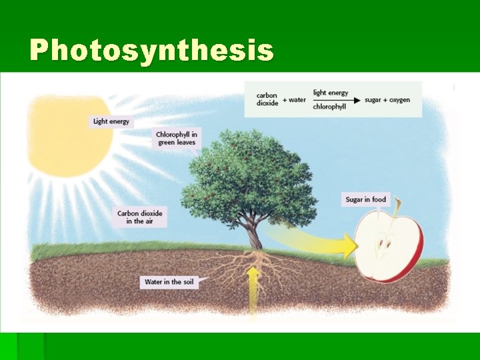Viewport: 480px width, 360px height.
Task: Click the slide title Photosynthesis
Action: (151, 50)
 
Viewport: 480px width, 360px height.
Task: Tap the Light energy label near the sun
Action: (111, 121)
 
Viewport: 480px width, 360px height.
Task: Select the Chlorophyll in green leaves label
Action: (177, 138)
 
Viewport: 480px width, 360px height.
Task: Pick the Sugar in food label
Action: (365, 199)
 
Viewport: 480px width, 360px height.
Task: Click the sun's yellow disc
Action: (67, 137)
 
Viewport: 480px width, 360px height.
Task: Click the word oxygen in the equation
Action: (397, 100)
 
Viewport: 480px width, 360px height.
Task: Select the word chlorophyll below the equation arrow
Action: (329, 107)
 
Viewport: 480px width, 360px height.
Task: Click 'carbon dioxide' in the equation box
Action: (267, 99)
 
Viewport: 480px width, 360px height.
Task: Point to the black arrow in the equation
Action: (337, 100)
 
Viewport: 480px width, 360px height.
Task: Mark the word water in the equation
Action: (297, 100)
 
